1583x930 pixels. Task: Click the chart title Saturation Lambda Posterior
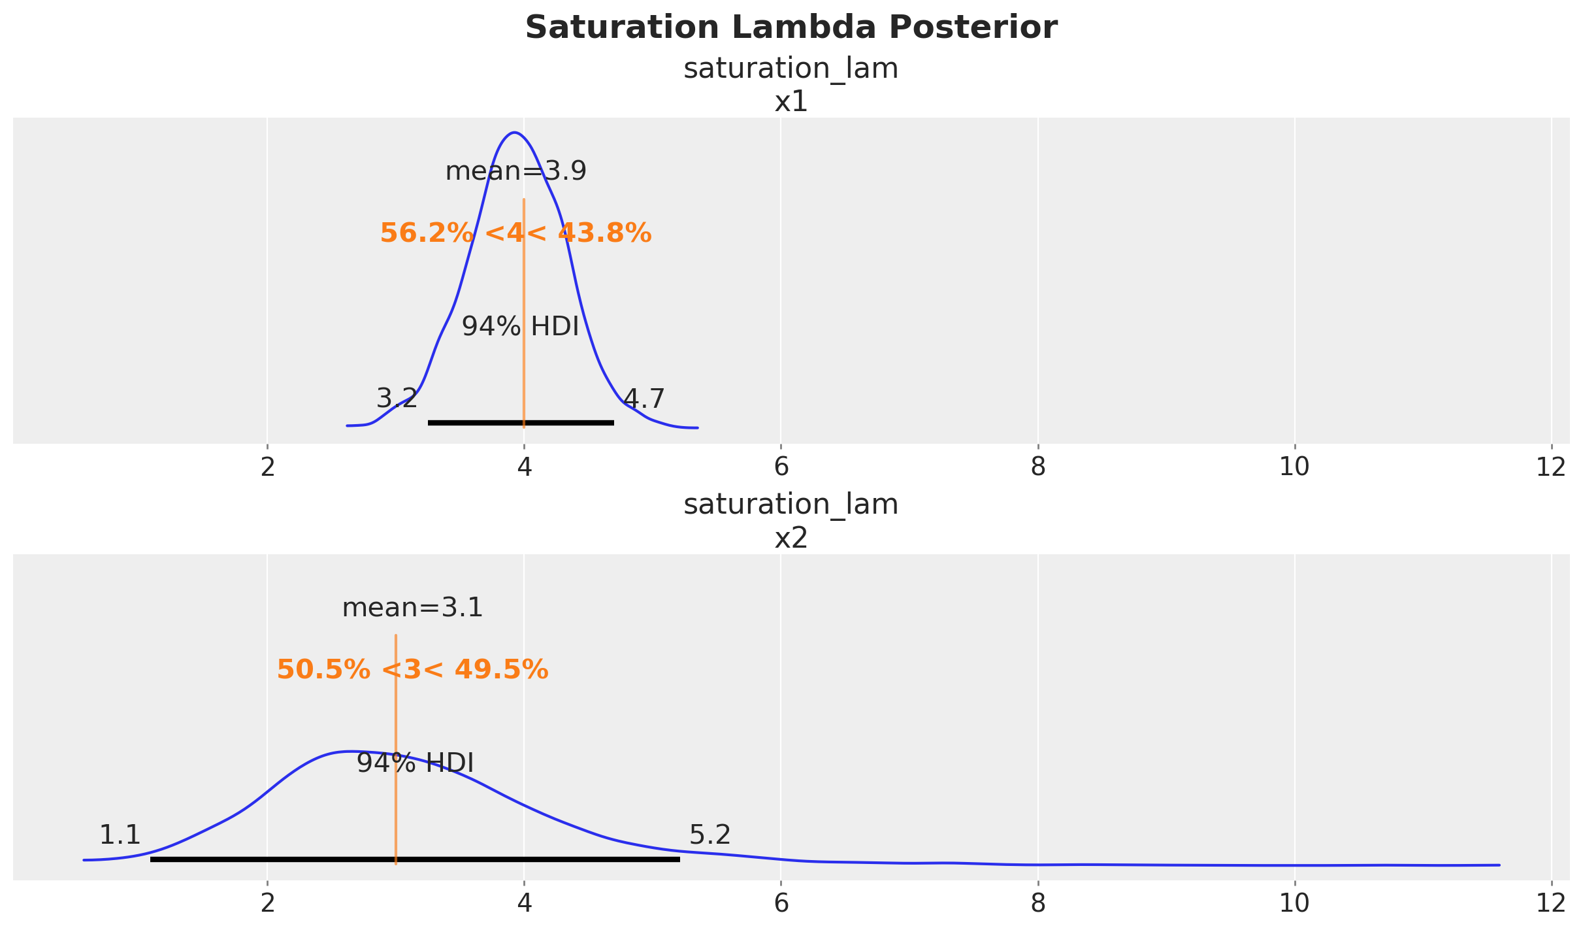pyautogui.click(x=791, y=28)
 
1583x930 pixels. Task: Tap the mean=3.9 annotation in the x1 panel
pyautogui.click(x=515, y=172)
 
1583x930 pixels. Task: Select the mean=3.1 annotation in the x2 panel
pyautogui.click(x=412, y=608)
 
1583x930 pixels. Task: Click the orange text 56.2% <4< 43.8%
pyautogui.click(x=515, y=233)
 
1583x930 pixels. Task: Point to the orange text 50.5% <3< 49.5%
pyautogui.click(x=412, y=670)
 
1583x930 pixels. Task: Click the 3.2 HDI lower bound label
pyautogui.click(x=397, y=399)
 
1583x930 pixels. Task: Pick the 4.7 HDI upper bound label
pyautogui.click(x=644, y=399)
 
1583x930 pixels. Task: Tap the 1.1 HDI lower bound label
pyautogui.click(x=120, y=835)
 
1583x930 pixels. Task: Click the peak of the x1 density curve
pyautogui.click(x=515, y=133)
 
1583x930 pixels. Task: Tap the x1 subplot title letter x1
pyautogui.click(x=791, y=103)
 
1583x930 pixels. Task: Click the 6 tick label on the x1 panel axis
pyautogui.click(x=781, y=467)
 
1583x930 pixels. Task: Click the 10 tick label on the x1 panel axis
pyautogui.click(x=1294, y=467)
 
